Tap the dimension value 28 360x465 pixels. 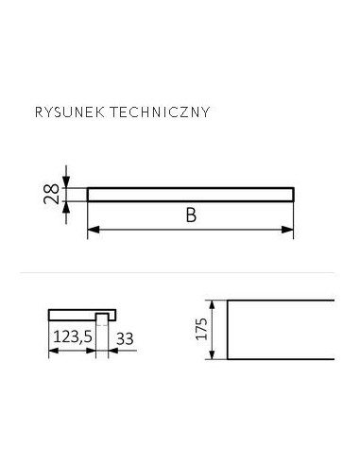pyautogui.click(x=52, y=194)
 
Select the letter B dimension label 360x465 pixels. pyautogui.click(x=190, y=216)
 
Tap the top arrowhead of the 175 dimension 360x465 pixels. pyautogui.click(x=220, y=305)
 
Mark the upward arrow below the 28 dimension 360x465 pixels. pyautogui.click(x=66, y=207)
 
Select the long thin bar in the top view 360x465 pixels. pyautogui.click(x=190, y=194)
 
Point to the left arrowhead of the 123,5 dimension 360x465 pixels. pyautogui.click(x=51, y=349)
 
